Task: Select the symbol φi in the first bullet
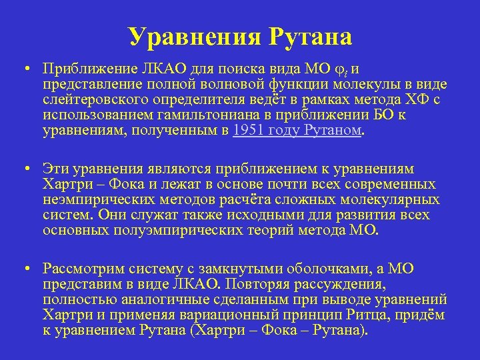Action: (344, 69)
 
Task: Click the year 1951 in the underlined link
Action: (248, 130)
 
